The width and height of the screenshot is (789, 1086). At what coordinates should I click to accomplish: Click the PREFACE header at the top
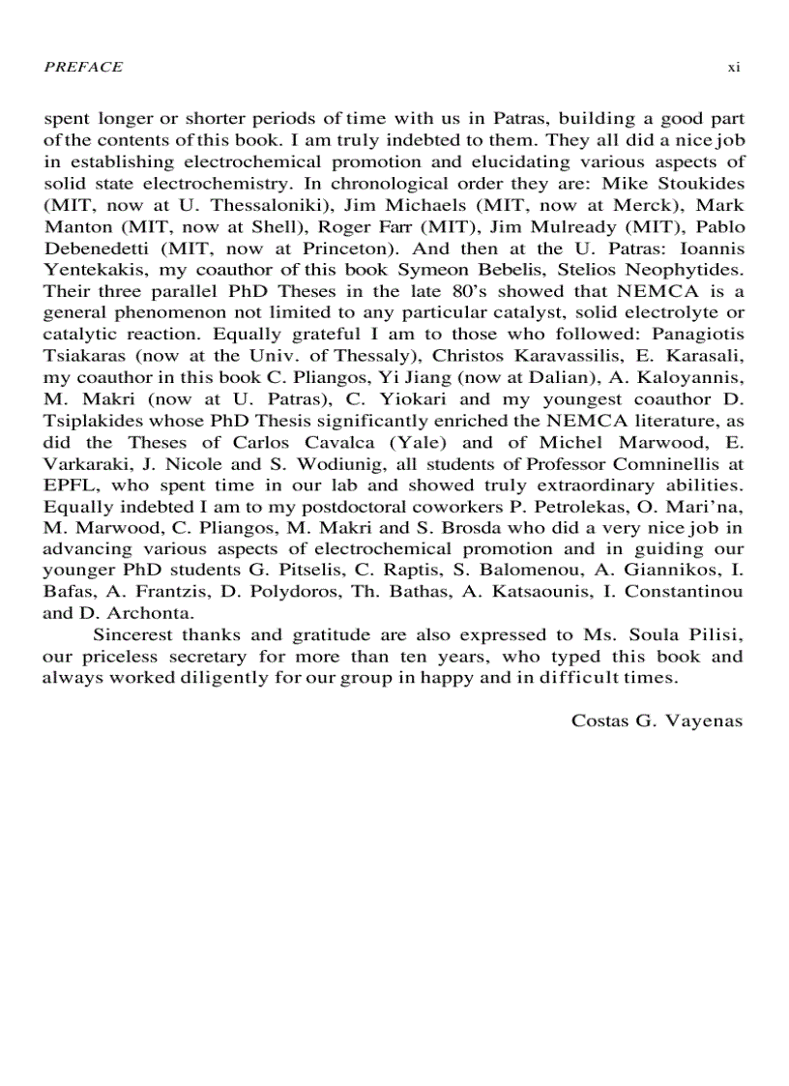(x=83, y=67)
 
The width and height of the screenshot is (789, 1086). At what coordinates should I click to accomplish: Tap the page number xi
(x=733, y=67)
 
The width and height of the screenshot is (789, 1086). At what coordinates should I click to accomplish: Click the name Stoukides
(x=700, y=183)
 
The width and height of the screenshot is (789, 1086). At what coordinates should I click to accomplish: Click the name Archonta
(x=142, y=612)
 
